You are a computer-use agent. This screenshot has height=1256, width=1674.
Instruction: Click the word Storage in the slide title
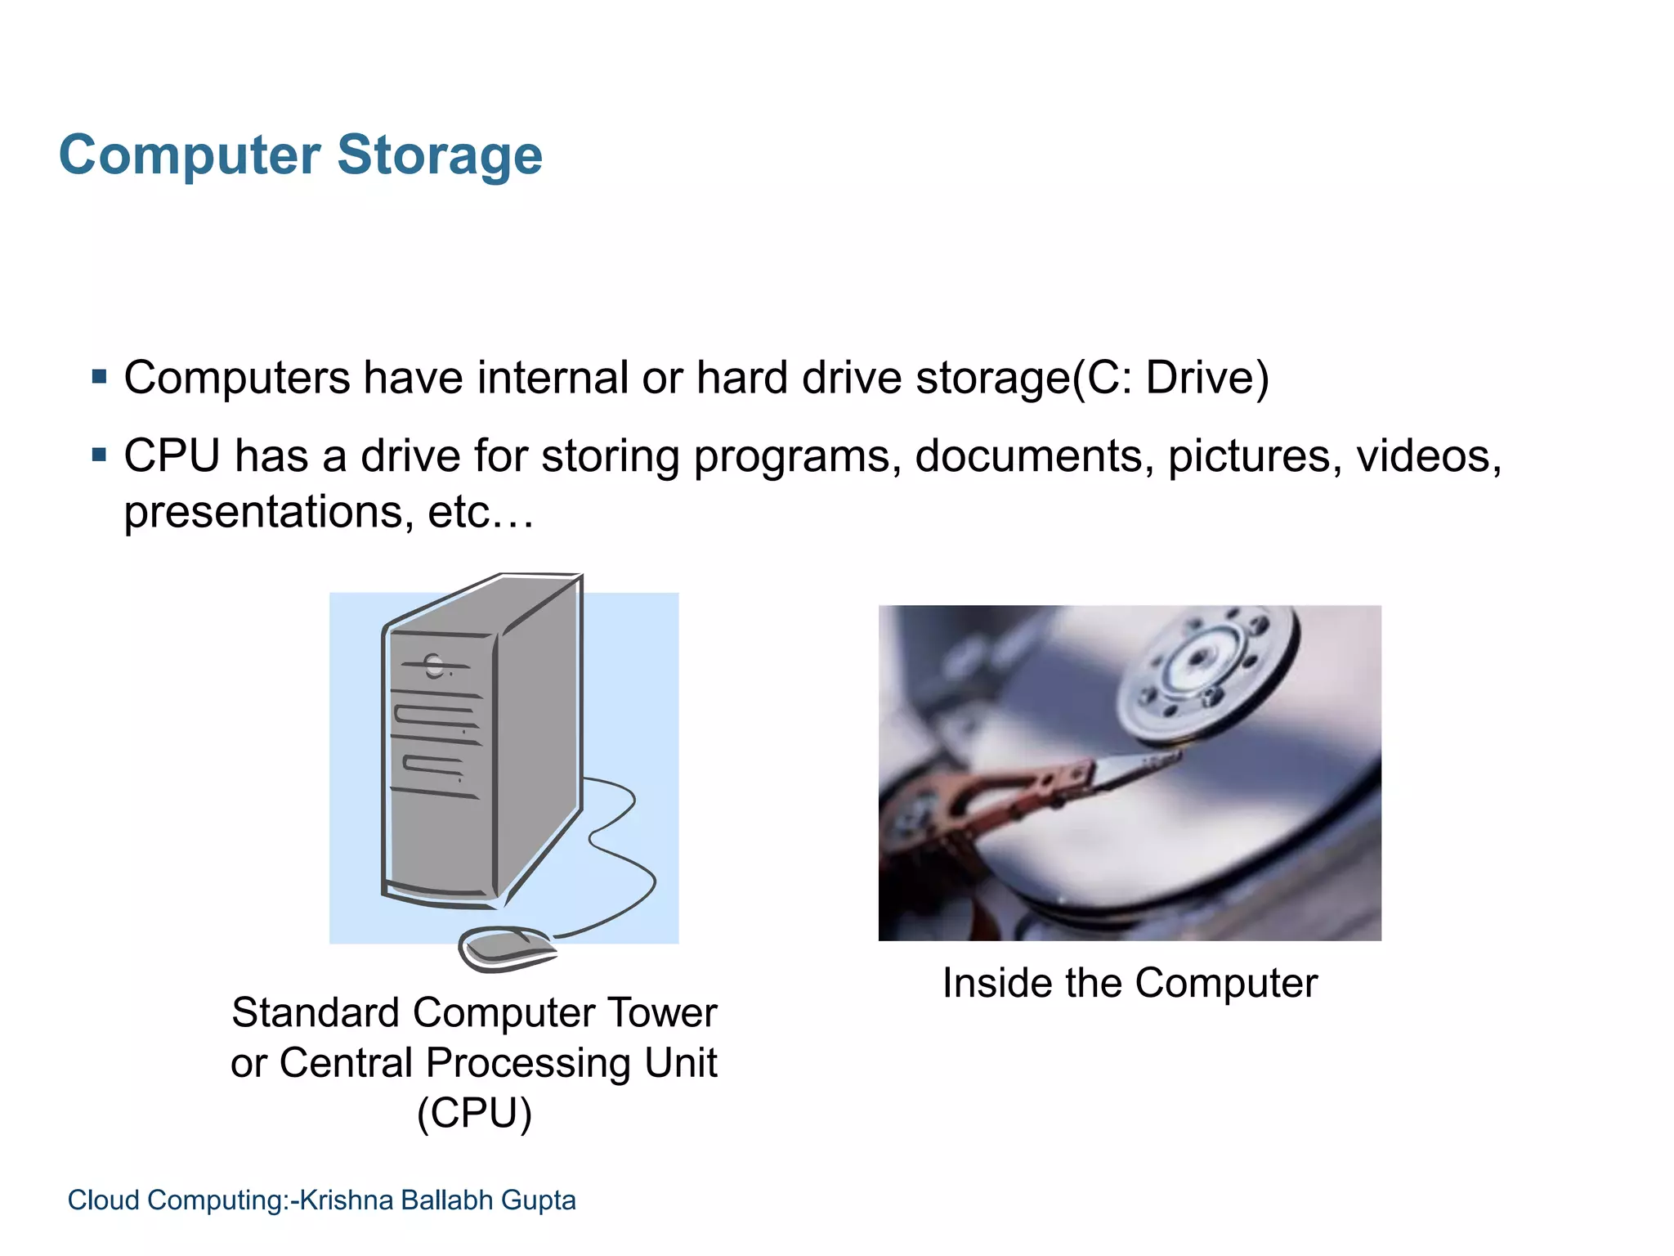coord(439,155)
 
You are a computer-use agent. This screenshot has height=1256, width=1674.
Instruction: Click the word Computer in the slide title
coord(190,155)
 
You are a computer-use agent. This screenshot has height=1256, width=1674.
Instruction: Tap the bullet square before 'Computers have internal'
coord(100,377)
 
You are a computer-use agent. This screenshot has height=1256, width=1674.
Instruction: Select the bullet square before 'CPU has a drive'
coord(100,455)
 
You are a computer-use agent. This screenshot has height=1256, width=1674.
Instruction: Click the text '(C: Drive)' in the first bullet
coord(1170,379)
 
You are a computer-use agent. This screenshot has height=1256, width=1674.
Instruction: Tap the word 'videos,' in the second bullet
coord(1429,456)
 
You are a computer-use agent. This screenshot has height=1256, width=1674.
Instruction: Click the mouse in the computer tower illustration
coord(507,949)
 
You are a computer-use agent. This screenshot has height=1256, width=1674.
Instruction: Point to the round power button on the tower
coord(434,666)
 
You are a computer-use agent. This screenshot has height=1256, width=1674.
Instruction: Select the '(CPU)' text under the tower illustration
coord(474,1113)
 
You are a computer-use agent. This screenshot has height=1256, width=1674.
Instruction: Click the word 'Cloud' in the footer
coord(103,1200)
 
